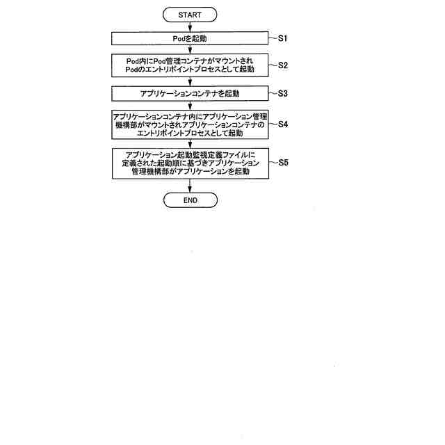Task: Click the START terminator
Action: click(190, 15)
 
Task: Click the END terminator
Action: click(190, 200)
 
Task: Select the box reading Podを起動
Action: click(190, 40)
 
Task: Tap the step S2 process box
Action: click(190, 65)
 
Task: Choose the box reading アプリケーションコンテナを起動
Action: click(190, 92)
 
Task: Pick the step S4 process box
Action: click(190, 124)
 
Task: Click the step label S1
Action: click(283, 39)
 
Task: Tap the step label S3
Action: click(283, 92)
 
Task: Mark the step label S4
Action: click(283, 124)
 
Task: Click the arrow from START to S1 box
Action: click(190, 27)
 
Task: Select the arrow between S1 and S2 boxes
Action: click(190, 51)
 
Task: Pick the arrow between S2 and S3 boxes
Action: click(190, 81)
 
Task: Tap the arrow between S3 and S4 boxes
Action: click(190, 104)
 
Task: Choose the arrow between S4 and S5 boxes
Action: click(190, 143)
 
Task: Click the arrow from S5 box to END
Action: click(190, 186)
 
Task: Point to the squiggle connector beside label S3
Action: click(272, 92)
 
